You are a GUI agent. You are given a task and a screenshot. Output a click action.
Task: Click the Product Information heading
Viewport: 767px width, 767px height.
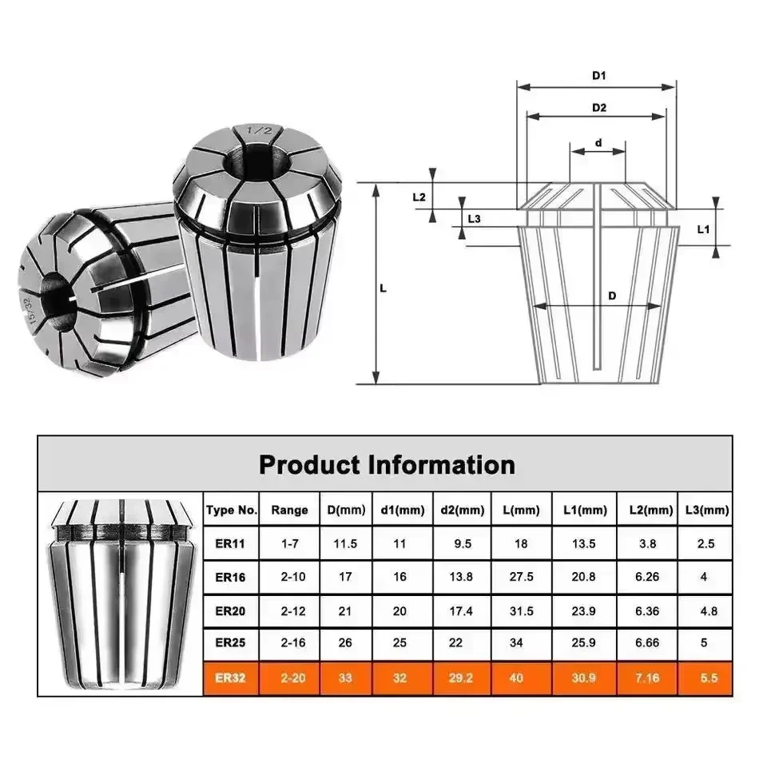387,464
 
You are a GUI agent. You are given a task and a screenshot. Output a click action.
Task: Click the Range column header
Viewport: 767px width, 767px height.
289,510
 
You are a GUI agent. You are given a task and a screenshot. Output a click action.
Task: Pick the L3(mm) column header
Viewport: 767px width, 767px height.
707,510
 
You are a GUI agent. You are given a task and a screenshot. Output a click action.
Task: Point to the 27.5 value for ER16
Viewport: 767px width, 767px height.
520,578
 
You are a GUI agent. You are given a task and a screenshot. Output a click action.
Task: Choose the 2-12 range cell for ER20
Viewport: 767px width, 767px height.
289,611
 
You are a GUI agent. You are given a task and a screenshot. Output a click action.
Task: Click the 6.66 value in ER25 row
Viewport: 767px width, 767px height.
647,645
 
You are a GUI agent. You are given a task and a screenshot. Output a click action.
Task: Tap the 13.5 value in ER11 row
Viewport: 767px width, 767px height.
584,544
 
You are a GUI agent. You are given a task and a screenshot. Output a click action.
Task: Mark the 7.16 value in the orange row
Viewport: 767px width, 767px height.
647,678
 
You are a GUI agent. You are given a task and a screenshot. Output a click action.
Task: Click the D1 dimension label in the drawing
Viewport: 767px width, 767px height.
598,76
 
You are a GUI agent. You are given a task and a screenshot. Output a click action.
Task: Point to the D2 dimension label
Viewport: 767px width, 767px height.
598,107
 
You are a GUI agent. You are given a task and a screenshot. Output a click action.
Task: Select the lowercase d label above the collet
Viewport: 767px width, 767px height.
598,144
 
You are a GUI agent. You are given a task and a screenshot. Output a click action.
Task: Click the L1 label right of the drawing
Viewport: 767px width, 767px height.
704,229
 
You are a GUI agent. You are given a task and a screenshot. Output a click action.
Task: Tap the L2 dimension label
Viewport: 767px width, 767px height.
419,197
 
